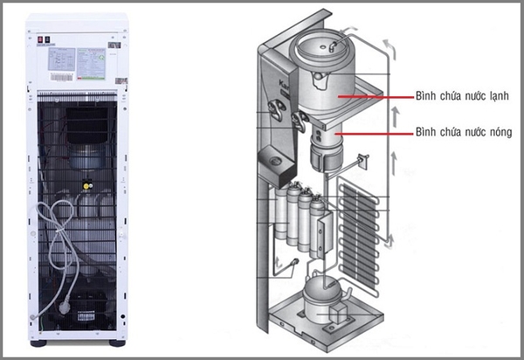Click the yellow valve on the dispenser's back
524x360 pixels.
pos(86,184)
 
